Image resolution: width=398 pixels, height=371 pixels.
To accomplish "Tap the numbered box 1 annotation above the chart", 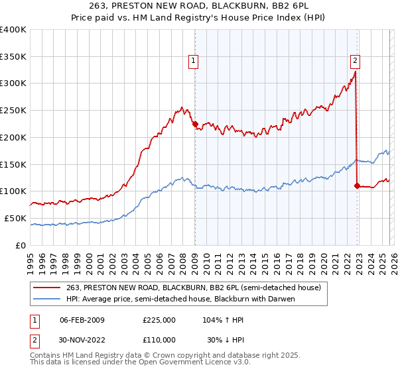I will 194,61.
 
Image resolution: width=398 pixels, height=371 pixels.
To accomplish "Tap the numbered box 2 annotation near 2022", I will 355,61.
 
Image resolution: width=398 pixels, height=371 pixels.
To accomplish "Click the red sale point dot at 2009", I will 195,123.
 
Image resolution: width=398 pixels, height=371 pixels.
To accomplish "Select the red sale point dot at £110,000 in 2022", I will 357,185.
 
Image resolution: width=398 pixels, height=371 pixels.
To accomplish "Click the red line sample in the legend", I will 47,288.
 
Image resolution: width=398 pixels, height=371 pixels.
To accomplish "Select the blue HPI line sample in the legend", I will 47,298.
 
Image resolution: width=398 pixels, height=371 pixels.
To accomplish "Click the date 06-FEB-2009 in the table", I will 82,320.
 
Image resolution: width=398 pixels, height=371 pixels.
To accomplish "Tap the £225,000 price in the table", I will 159,320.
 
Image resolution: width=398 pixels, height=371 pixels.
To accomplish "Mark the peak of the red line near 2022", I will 356,72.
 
